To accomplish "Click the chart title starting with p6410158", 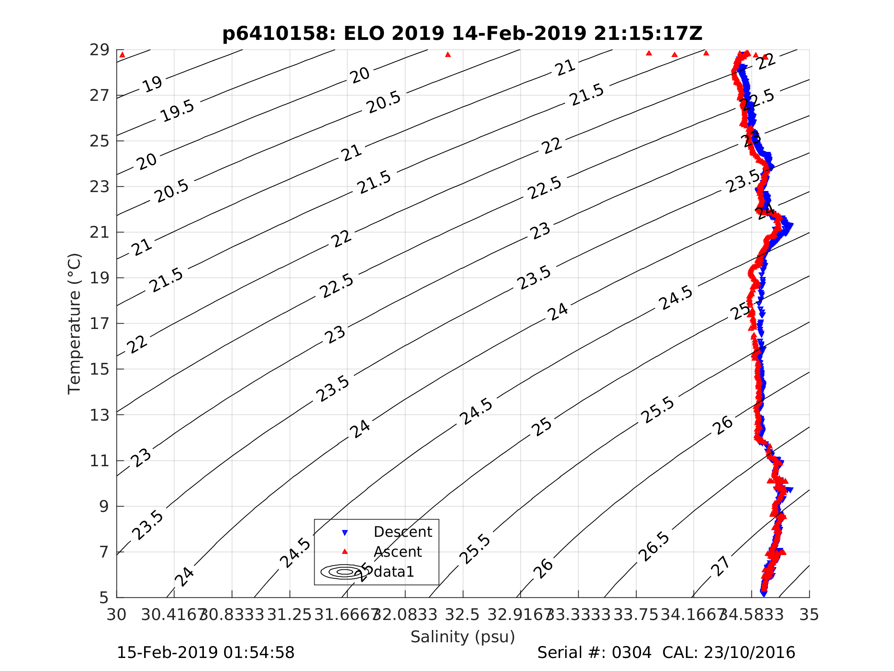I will (463, 34).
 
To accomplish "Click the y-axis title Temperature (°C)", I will (74, 324).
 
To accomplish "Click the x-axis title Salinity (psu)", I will (463, 636).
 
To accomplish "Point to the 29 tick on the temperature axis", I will (99, 50).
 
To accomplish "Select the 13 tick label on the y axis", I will (99, 415).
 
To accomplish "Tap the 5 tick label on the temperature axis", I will (104, 598).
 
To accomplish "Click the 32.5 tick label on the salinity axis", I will (463, 615).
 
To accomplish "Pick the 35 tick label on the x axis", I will (809, 615).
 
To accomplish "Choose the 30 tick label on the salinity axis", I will (116, 615).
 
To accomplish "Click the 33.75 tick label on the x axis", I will (636, 615).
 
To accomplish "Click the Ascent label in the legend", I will (398, 552).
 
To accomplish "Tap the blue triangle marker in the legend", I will (345, 533).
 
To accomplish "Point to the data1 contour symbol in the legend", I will (345, 572).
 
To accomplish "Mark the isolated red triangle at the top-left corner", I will (123, 55).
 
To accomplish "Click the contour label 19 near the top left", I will (153, 84).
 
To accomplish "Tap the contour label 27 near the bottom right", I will (720, 566).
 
